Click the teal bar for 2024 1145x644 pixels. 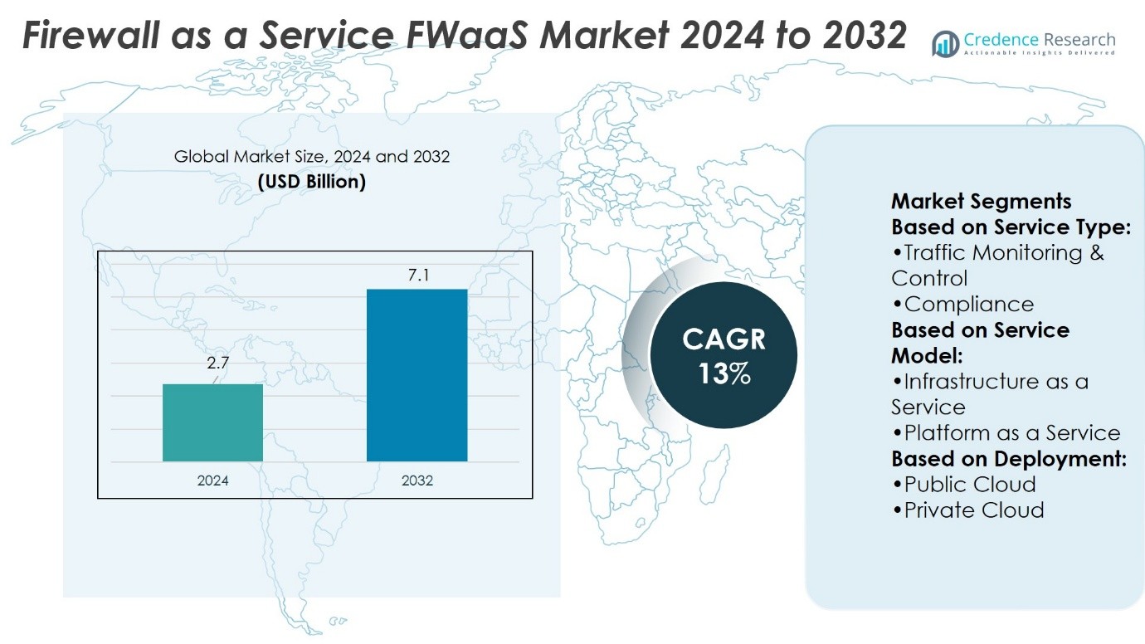click(212, 422)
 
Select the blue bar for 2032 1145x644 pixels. click(417, 375)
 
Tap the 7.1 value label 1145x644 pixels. click(417, 275)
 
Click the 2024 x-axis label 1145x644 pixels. click(212, 481)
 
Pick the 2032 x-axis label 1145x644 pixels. click(417, 481)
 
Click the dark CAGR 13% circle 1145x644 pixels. click(724, 355)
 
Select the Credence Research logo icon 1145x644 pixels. click(945, 43)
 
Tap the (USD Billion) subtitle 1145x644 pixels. click(312, 182)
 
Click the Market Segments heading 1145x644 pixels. click(981, 202)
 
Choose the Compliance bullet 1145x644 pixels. click(968, 304)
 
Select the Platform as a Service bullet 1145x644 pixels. click(1012, 433)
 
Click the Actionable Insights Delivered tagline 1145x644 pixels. click(1039, 53)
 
